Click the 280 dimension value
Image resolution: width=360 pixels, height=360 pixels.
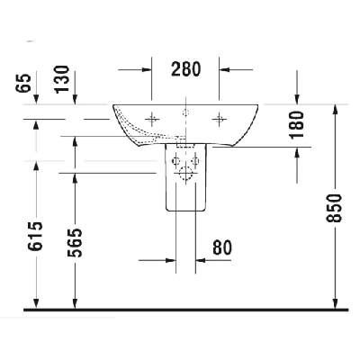click(x=185, y=69)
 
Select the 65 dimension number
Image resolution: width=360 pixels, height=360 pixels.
click(x=25, y=83)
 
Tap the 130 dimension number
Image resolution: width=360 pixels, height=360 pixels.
click(x=62, y=79)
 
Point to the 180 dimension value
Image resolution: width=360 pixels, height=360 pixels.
click(x=297, y=124)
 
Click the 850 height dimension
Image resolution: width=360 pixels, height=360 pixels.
click(x=334, y=208)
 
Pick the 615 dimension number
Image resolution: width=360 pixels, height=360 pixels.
click(x=36, y=236)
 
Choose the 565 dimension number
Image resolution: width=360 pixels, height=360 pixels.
click(x=75, y=243)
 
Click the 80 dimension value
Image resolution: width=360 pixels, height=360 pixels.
click(x=222, y=247)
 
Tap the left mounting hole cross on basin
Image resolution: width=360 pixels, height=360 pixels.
click(x=152, y=120)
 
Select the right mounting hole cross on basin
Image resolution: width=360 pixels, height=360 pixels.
click(x=219, y=120)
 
